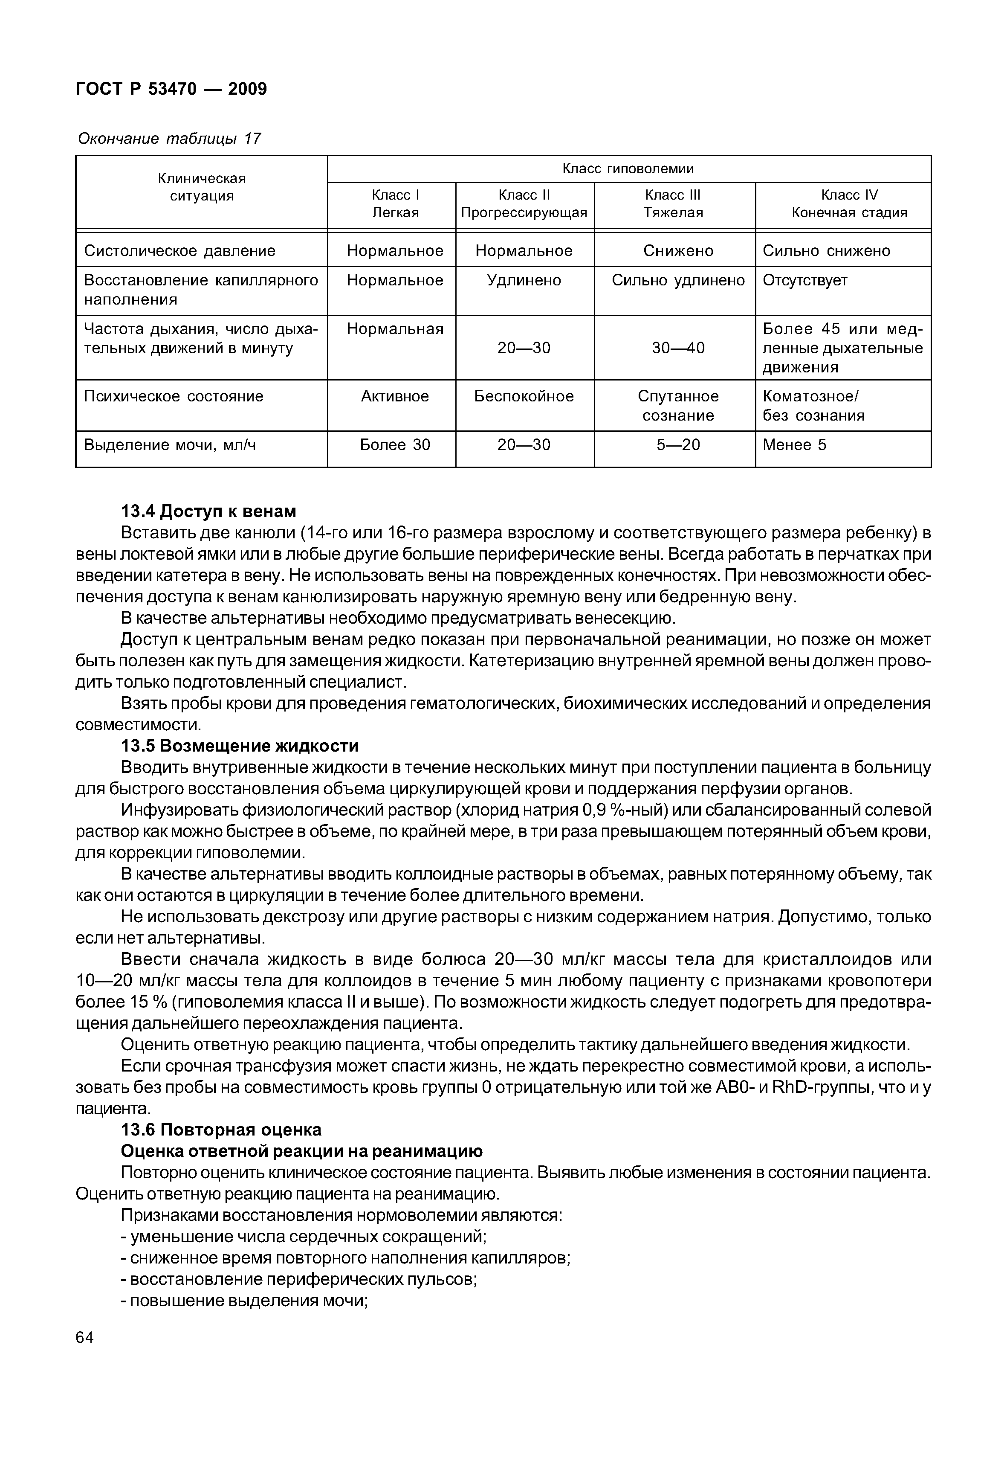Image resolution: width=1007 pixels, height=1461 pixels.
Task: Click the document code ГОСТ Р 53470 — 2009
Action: click(171, 89)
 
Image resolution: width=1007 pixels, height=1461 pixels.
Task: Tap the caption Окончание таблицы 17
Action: click(169, 138)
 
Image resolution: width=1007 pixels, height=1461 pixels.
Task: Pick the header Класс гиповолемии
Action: click(628, 168)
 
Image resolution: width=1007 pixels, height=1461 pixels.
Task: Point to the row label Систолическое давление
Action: click(180, 251)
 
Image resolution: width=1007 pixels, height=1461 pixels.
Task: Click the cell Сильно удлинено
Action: click(677, 280)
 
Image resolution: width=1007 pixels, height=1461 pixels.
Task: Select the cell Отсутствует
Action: click(804, 280)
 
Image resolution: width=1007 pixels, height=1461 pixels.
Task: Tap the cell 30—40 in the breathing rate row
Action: click(677, 348)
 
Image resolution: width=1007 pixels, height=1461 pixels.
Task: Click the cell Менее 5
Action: click(794, 445)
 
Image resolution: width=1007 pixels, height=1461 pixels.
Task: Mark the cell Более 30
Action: click(394, 445)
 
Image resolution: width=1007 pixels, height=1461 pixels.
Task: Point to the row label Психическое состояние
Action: click(174, 397)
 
